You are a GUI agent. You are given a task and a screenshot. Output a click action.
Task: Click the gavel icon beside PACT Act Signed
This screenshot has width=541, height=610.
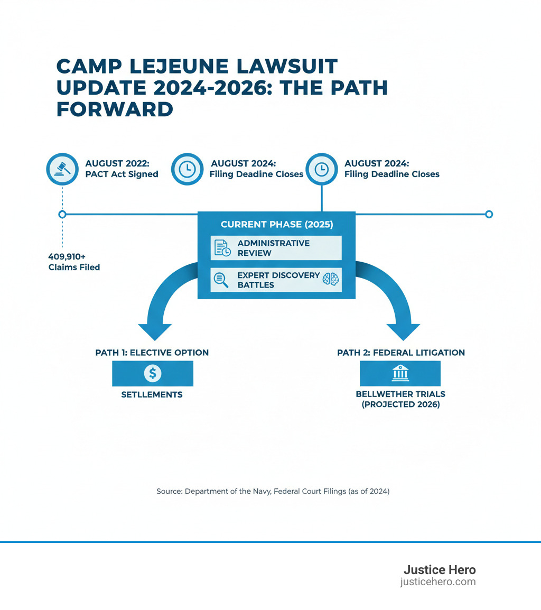point(62,169)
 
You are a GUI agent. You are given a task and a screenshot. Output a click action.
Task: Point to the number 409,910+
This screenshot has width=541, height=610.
point(67,256)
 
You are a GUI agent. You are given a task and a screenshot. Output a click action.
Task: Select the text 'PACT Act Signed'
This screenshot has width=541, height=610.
point(122,174)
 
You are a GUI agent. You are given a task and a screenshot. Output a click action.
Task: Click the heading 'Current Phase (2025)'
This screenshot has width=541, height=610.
point(276,224)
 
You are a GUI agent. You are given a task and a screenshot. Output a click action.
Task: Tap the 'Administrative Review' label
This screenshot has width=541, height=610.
point(273,248)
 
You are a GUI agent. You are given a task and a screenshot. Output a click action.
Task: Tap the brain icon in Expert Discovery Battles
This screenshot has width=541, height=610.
point(330,280)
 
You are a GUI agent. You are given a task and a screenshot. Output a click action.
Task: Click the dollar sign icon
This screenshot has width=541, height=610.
point(153,373)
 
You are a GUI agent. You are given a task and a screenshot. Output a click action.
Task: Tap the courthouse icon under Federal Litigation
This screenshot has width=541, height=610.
point(400,373)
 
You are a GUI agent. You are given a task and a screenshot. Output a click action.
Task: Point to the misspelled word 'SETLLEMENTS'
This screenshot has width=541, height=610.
point(153,394)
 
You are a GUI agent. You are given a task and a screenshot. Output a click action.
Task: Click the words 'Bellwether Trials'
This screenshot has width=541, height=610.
point(400,394)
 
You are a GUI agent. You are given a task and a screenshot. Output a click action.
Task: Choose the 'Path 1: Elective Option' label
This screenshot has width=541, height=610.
point(152,353)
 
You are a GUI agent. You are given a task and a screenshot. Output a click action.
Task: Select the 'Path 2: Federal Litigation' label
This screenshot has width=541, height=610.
point(401,353)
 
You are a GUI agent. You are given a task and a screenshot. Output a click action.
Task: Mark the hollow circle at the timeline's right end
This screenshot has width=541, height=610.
point(489,214)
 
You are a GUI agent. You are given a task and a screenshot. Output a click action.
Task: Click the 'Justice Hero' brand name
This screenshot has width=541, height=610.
point(440,570)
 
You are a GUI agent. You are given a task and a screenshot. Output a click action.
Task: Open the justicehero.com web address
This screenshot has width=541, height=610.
point(438,582)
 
